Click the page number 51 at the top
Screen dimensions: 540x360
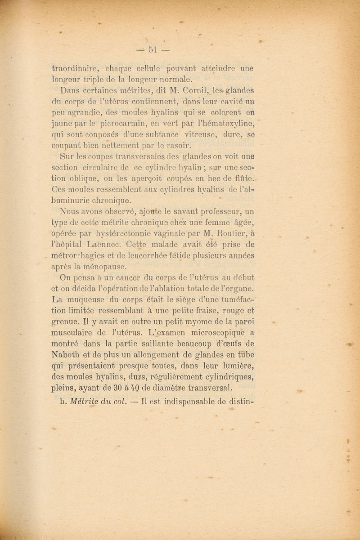click(152, 49)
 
